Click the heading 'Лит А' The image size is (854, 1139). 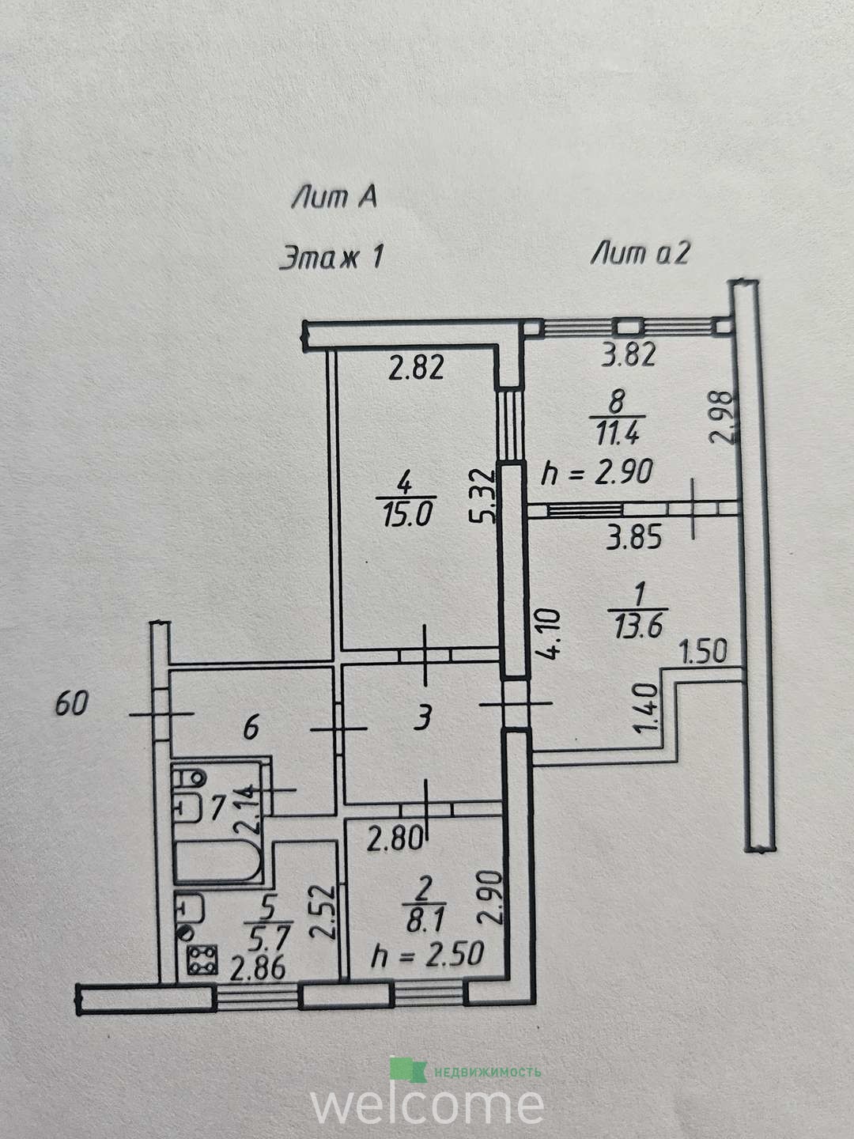(334, 198)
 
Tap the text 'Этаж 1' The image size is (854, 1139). (332, 257)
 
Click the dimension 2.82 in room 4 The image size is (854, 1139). (417, 368)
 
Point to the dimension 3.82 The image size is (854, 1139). (629, 355)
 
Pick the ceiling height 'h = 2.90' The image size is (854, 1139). (596, 472)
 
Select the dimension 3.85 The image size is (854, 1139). (634, 537)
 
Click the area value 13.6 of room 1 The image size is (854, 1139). (639, 627)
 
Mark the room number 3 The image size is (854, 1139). (424, 719)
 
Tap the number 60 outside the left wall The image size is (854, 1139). (71, 704)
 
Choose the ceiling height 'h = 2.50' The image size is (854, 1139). (428, 954)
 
